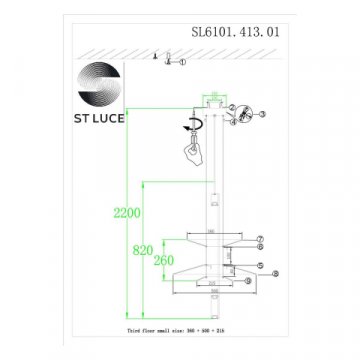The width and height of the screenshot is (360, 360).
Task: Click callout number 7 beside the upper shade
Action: tap(258, 240)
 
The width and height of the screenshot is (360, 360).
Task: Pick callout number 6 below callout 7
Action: tap(258, 249)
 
